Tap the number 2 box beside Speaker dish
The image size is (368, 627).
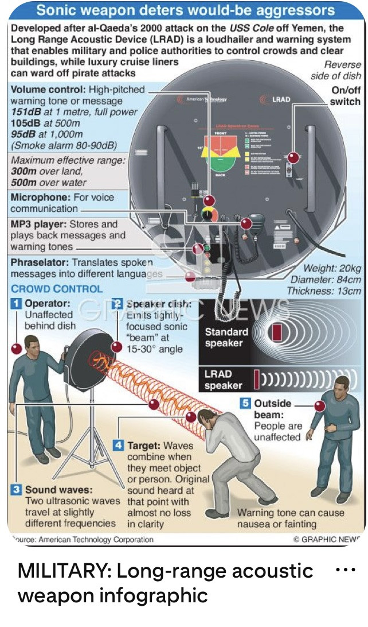click(x=117, y=304)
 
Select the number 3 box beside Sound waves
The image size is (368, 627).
click(x=17, y=490)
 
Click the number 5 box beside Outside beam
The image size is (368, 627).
click(x=245, y=403)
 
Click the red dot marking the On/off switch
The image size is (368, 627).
click(x=293, y=157)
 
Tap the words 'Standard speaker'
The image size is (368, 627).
click(x=226, y=338)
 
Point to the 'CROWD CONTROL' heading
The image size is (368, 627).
click(x=57, y=289)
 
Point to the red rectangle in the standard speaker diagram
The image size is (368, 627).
click(x=277, y=332)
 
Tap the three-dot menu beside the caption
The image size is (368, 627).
click(x=344, y=570)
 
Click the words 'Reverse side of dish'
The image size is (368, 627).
click(x=336, y=71)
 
